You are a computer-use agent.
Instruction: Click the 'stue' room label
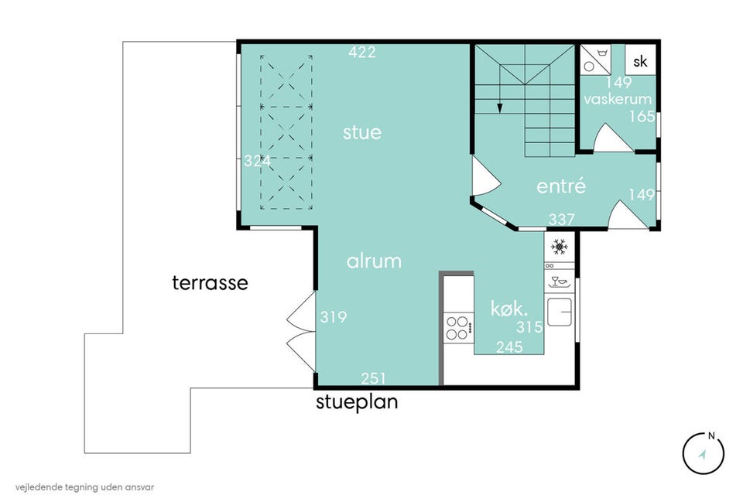coord(362,132)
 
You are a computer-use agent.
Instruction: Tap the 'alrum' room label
coord(374,261)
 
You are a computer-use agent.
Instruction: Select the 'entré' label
coord(561,186)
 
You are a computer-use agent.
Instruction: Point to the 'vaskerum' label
coord(618,99)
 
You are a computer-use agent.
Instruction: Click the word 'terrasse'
coord(210,283)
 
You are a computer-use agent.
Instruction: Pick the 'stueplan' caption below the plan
coord(357,402)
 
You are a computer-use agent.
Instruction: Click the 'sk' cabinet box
coord(640,60)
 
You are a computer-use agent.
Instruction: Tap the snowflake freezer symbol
coord(559,247)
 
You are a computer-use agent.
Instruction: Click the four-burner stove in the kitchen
coord(458,328)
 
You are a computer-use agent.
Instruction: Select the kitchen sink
coord(560,312)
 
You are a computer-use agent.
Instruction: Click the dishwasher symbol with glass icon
coord(559,282)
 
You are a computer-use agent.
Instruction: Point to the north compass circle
coord(704,453)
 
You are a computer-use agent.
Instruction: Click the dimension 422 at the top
coord(362,52)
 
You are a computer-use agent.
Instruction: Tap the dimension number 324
coord(257,162)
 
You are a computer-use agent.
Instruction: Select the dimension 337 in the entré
coord(562,220)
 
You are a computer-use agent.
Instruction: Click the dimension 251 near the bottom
coord(373,378)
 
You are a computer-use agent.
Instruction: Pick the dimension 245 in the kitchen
coord(509,347)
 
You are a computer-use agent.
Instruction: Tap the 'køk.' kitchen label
coord(509,309)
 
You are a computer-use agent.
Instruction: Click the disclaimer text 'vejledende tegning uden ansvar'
coord(84,487)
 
